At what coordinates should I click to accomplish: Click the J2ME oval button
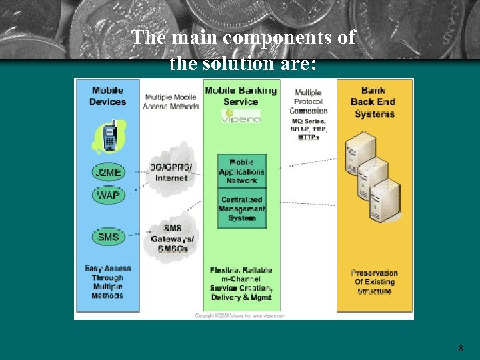coord(107,172)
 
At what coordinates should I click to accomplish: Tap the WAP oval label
coord(107,195)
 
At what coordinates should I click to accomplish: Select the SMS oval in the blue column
coord(107,237)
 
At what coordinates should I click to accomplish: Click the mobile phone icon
coord(109,137)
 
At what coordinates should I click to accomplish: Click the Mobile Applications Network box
coord(242,171)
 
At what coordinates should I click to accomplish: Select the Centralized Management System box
coord(242,209)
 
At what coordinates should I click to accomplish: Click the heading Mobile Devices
coord(107,96)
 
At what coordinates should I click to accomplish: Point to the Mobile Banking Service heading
coord(241,96)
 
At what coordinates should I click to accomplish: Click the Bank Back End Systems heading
coord(374,102)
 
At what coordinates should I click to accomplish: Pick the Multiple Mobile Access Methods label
coord(171,101)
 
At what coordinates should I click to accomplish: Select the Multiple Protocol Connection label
coord(308,101)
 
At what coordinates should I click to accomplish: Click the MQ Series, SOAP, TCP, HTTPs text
coord(308,129)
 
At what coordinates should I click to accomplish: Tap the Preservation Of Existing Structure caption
coord(374,281)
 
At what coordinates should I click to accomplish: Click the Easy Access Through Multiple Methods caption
coord(107,282)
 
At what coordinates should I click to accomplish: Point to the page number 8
coord(461,348)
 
